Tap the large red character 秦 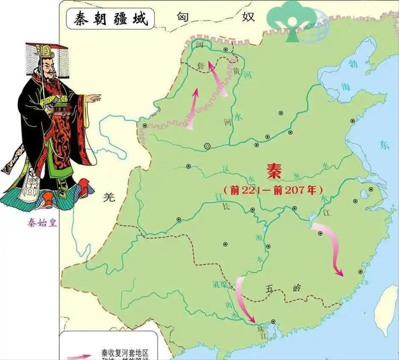pos(274,172)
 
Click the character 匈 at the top pos(183,17)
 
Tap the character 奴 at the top pos(248,17)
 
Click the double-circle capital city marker pos(207,146)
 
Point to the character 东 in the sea pos(385,146)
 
